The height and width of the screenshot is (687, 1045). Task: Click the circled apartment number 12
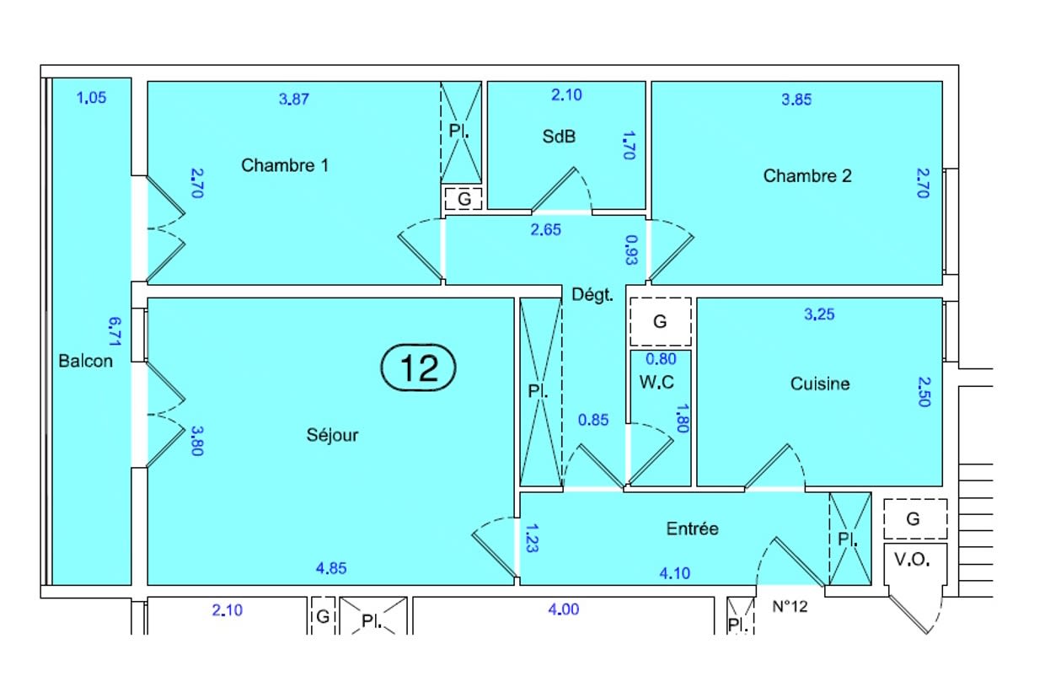[418, 368]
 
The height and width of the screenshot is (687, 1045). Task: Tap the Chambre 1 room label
[285, 165]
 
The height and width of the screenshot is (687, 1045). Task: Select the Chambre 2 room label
[807, 176]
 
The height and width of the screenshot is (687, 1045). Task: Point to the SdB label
[559, 136]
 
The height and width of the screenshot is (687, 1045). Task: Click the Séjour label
[332, 435]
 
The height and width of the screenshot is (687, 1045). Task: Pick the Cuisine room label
[820, 384]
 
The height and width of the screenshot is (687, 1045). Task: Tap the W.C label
[656, 382]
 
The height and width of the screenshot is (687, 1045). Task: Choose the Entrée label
[692, 529]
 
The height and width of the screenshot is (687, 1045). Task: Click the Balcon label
[85, 362]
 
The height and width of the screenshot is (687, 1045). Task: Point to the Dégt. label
[592, 296]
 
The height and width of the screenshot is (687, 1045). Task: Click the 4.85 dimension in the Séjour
[331, 568]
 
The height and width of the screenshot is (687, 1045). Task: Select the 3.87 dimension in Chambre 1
[294, 99]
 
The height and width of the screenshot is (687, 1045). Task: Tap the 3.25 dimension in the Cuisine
[820, 315]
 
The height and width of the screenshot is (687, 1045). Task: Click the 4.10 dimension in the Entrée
[674, 573]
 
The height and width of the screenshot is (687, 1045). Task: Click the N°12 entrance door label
[790, 607]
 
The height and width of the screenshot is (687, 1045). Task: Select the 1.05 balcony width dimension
[92, 97]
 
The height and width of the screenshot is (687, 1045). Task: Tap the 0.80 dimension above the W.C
[661, 358]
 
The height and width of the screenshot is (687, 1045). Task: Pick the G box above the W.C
[660, 321]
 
